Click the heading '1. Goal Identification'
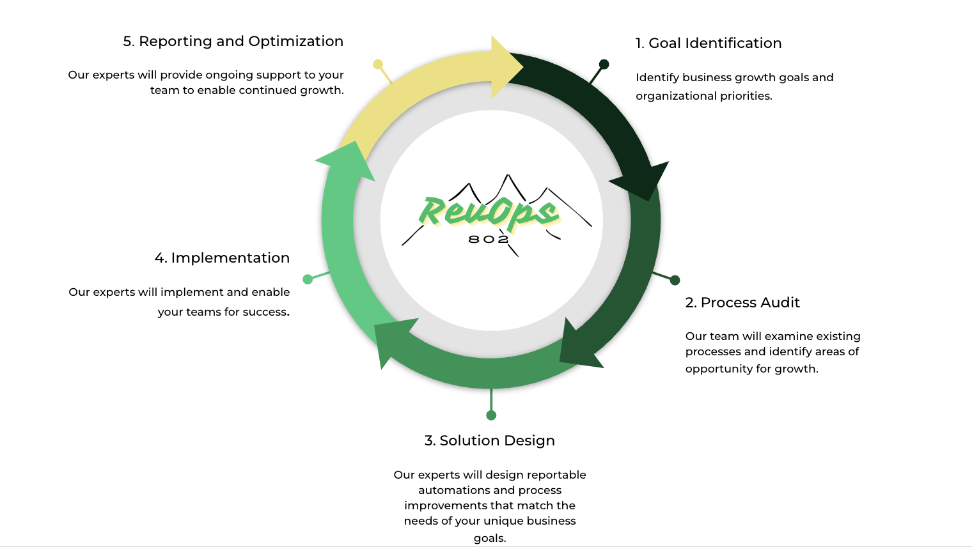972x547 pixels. click(708, 43)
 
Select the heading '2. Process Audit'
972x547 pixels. click(742, 303)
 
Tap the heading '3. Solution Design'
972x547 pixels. click(489, 441)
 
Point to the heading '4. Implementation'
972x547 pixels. click(222, 258)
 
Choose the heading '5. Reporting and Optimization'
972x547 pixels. click(233, 42)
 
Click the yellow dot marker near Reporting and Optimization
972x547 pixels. click(378, 65)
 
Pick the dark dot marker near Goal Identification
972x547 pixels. click(604, 64)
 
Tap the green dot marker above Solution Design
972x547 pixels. click(491, 415)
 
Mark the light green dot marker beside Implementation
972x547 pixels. click(308, 279)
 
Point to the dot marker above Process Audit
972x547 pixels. click(675, 280)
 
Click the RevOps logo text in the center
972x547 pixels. click(489, 212)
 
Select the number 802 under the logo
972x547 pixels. click(489, 239)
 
